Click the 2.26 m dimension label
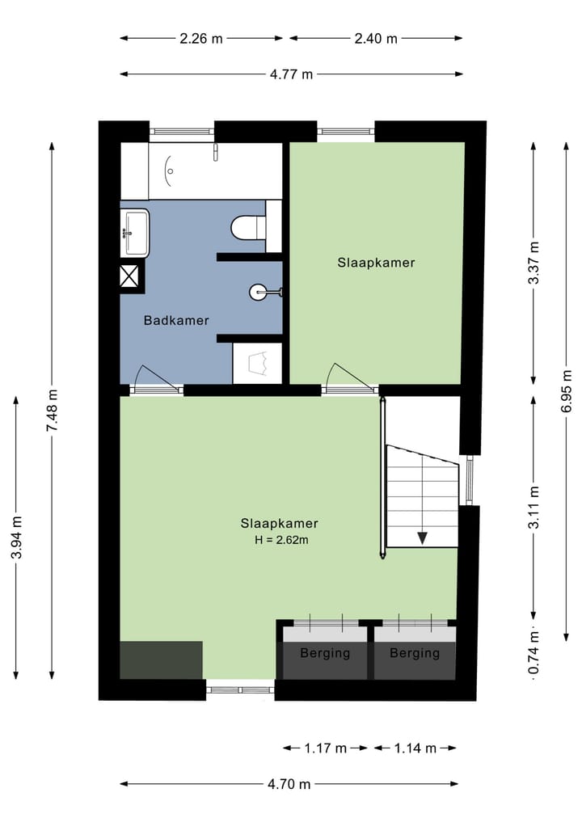pos(201,38)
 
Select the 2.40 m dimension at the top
pos(377,38)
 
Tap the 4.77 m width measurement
pos(291,74)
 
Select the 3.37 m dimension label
pos(533,263)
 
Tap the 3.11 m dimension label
pos(533,507)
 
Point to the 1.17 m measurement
pos(326,748)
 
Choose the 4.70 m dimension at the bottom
pos(289,784)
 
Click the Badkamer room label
pos(176,321)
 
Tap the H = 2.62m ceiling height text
pos(280,539)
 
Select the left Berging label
pos(325,653)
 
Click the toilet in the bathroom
pos(247,227)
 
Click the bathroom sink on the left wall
pos(134,233)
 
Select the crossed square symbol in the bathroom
pos(131,276)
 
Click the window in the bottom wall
pos(240,689)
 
